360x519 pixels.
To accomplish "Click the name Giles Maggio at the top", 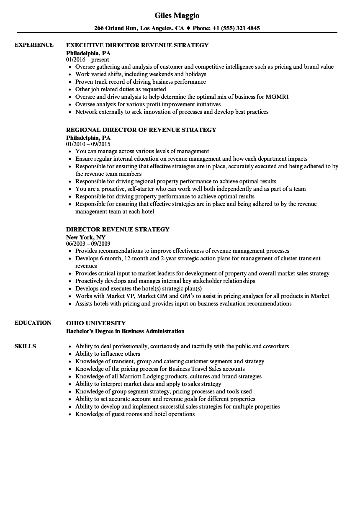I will click(x=177, y=15).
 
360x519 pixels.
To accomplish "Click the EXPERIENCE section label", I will click(x=34, y=45).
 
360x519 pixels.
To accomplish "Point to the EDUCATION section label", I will click(x=33, y=323).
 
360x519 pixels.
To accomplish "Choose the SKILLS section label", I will click(x=25, y=346).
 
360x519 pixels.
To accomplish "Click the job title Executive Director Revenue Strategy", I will click(x=137, y=45).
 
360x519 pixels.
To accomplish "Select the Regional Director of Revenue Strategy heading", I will click(x=141, y=130).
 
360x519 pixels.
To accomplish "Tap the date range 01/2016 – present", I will click(x=87, y=60).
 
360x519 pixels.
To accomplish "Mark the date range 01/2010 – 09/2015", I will click(x=88, y=144).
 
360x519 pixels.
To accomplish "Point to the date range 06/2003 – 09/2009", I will click(x=88, y=244).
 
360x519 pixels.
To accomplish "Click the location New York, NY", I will click(x=86, y=237).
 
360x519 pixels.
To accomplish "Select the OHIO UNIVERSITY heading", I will click(x=96, y=323).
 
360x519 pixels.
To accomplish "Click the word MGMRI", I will click(x=277, y=97).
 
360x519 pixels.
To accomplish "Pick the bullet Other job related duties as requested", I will click(x=121, y=89).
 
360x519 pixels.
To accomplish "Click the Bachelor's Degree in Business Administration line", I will click(x=125, y=331).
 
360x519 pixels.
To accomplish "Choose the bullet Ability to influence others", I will click(x=108, y=354).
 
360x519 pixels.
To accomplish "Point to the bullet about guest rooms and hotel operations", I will click(x=135, y=414).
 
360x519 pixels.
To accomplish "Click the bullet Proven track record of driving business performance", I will click(x=140, y=82).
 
